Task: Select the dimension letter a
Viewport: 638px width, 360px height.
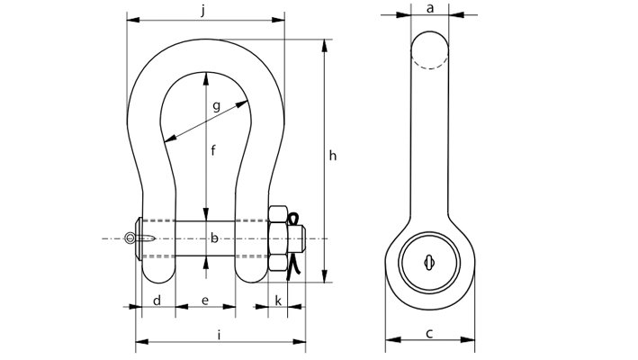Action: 429,8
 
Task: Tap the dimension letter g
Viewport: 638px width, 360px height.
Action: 216,106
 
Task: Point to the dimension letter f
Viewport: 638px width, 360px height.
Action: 213,151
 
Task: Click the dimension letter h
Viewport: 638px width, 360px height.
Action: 332,157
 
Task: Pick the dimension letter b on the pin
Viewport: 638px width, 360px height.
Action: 214,238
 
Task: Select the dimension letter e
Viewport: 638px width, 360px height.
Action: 205,299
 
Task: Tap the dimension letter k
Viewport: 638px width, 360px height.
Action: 277,299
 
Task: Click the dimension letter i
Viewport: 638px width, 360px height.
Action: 220,335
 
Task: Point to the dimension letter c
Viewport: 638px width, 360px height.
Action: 429,334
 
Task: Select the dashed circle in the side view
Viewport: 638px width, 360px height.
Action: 429,51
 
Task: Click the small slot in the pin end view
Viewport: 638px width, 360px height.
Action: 429,263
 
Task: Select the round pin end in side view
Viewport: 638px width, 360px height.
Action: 429,263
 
